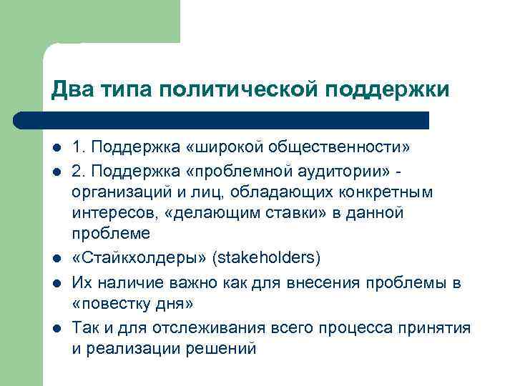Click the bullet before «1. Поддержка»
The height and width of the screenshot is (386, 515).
(x=57, y=148)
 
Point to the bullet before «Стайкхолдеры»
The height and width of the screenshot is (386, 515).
(x=57, y=258)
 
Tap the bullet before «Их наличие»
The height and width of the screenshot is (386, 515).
(x=57, y=284)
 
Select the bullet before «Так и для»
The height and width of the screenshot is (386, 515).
(x=57, y=328)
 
